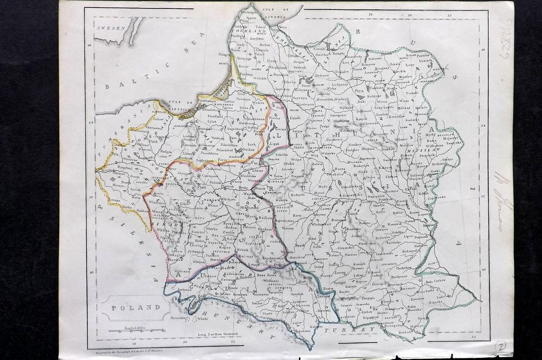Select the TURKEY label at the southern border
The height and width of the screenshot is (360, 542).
pyautogui.click(x=355, y=329)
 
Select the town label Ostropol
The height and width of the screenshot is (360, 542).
pyautogui.click(x=382, y=284)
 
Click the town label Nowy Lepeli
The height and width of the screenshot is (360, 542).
pyautogui.click(x=385, y=108)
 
